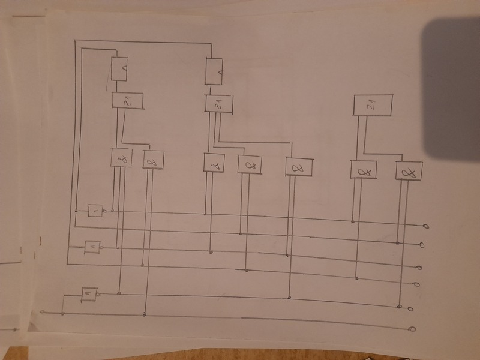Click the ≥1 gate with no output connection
pos(372,106)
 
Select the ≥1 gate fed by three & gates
pos(217,103)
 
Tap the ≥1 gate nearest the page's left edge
pos(127,100)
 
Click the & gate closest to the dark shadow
pos(410,171)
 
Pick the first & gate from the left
pos(122,158)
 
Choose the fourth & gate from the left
pos(250,163)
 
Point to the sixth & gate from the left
pos(363,170)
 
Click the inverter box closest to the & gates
pos(95,211)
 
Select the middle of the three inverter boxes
pos(92,246)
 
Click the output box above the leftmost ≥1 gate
pos(121,68)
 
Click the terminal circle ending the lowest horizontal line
pos(412,329)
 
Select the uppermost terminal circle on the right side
pos(426,226)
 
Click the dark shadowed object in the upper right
pos(453,90)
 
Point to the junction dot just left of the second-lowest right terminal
pos(399,307)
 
